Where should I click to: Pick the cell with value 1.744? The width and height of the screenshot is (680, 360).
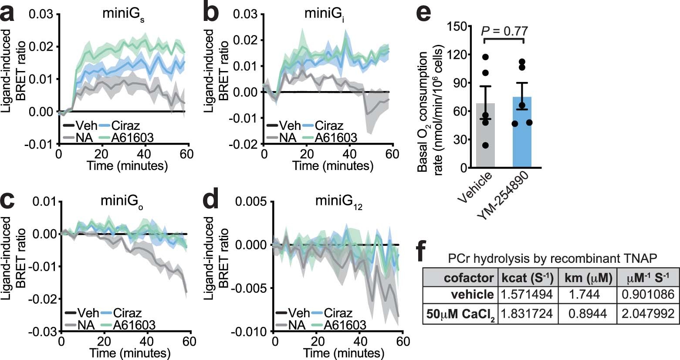click(x=585, y=295)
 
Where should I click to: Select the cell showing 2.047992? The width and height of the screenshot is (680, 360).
click(x=646, y=313)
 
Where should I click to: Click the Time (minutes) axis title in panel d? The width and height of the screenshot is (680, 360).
click(x=338, y=352)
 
